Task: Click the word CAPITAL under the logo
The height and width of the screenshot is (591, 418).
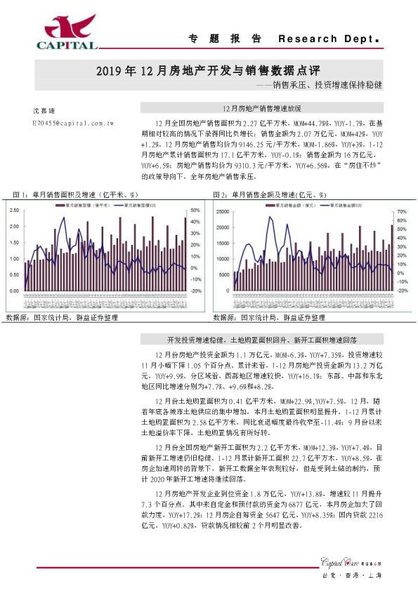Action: click(67, 46)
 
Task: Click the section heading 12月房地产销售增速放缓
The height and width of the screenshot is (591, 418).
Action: click(261, 109)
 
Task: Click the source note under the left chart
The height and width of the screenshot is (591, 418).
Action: click(61, 318)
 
